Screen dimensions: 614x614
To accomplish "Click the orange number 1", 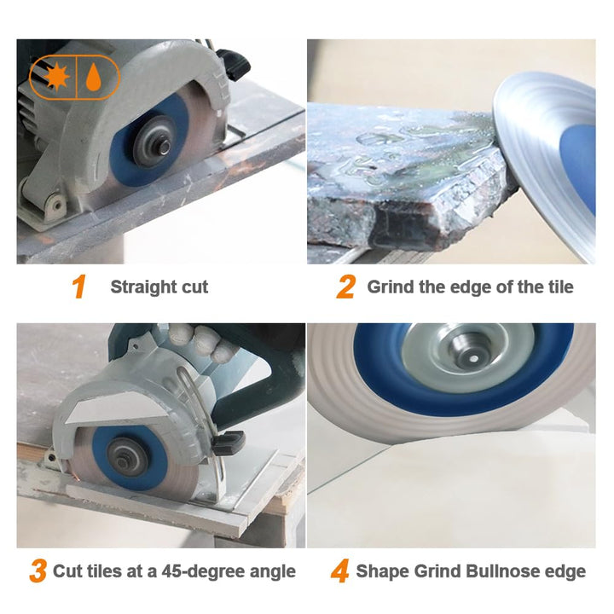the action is coord(79,287).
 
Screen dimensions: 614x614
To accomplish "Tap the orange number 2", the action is coord(345,287).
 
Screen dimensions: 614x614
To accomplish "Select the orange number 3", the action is coord(38,571).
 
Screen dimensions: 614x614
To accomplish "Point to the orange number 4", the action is coord(340,571).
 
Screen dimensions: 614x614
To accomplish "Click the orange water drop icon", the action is coord(93,77).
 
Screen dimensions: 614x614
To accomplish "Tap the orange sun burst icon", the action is coord(56,77).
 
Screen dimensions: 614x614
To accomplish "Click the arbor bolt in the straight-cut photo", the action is coord(163,146).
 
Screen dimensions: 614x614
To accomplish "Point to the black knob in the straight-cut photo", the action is coord(234,64).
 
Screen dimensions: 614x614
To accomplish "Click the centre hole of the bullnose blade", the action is coord(472,358).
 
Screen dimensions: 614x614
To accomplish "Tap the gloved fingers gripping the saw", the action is coord(200,340).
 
